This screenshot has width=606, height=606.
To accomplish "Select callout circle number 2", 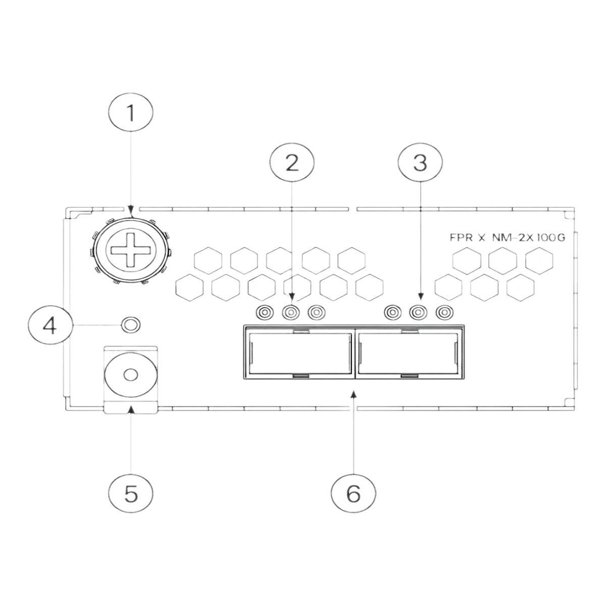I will click(x=292, y=161).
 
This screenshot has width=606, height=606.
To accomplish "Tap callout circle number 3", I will click(x=420, y=161).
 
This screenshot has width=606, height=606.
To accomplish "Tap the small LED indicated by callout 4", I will click(x=131, y=324).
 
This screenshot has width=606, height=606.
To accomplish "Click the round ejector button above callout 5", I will click(x=130, y=375).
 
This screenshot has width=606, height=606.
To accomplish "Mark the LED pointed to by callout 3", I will click(x=417, y=314).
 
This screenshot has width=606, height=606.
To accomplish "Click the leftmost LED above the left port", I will click(x=264, y=314).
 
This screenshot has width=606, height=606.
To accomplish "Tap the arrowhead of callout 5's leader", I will click(x=131, y=408).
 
